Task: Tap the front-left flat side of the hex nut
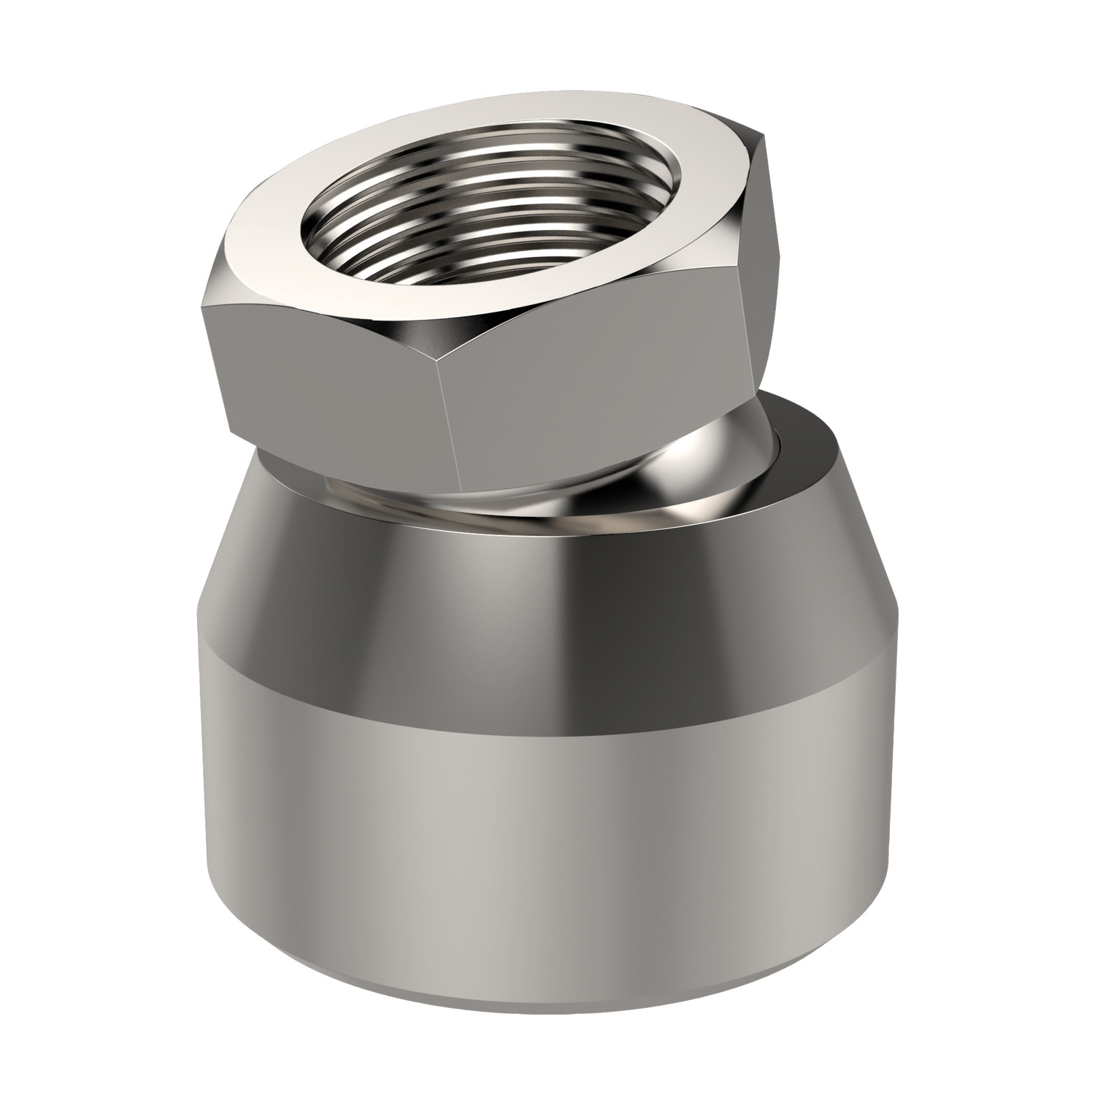pyautogui.click(x=328, y=365)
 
